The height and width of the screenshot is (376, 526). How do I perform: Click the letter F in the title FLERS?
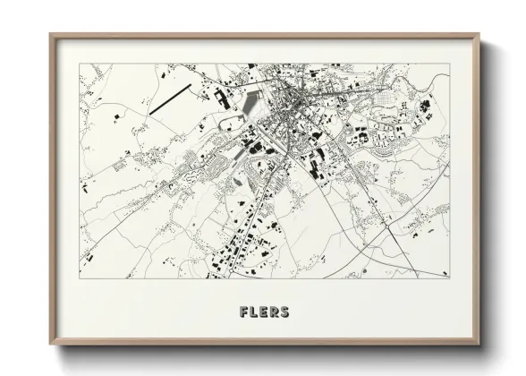tap(243, 312)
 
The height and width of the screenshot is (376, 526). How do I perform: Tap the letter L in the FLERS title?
tap(253, 312)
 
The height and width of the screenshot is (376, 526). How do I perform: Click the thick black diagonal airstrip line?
tap(170, 98)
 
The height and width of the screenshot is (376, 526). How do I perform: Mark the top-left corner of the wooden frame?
tap(50, 35)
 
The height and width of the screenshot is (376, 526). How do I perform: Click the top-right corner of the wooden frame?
tap(479, 35)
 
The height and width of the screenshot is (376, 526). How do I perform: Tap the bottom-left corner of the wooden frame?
tap(50, 346)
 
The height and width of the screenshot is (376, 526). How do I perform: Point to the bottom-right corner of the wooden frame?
tap(479, 346)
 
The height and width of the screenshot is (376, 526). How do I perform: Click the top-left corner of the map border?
tap(80, 64)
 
